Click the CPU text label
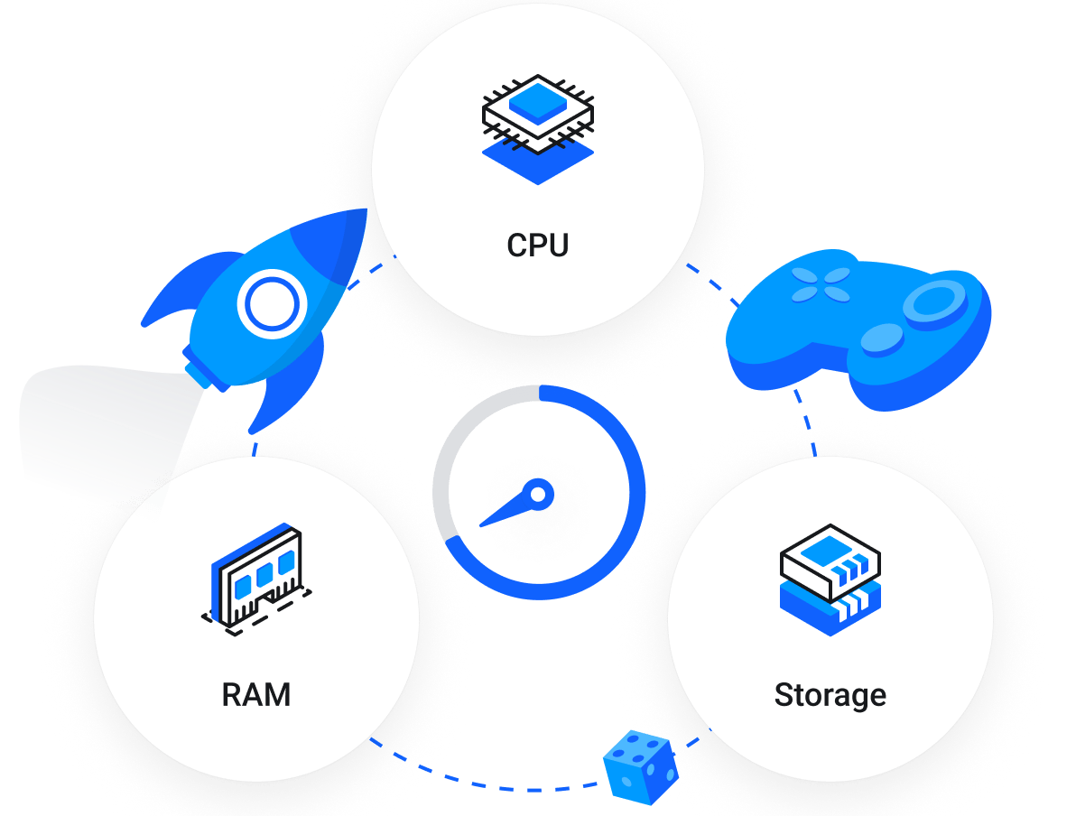point(538,246)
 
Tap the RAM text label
point(256,695)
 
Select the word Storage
point(830,695)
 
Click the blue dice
point(640,767)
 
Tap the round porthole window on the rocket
point(268,304)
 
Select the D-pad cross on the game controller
point(821,284)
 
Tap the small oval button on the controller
point(881,339)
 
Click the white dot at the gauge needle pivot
point(538,494)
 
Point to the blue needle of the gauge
point(506,513)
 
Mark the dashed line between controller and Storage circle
point(806,422)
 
